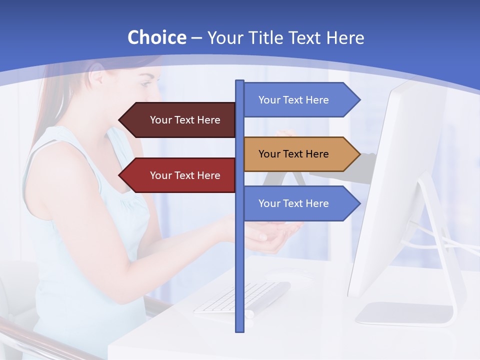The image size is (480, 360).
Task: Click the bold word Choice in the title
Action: point(156,38)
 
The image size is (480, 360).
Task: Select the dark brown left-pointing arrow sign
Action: point(177,120)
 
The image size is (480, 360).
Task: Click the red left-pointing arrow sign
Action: point(177,175)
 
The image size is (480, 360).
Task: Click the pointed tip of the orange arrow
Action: point(358,154)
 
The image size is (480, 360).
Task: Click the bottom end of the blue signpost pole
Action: point(239,329)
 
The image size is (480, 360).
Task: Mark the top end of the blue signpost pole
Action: point(239,82)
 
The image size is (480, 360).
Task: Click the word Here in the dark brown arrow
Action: point(208,120)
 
